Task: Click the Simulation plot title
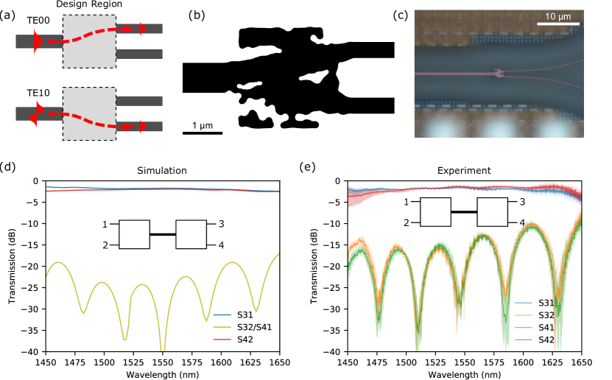point(162,171)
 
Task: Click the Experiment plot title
point(464,171)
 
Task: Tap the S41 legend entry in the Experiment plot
point(546,327)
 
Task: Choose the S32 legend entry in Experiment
point(546,314)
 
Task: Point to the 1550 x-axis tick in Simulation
point(163,362)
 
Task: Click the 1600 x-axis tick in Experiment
point(523,362)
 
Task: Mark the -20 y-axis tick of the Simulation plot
point(32,267)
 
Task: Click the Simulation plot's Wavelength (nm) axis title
point(163,373)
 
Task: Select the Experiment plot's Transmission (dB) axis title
point(314,267)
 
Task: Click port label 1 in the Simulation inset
point(105,224)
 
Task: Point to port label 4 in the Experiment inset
point(522,222)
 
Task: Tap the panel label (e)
point(308,167)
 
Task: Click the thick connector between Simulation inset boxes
point(163,234)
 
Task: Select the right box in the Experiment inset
point(492,212)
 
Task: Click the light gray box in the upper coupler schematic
point(89,41)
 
